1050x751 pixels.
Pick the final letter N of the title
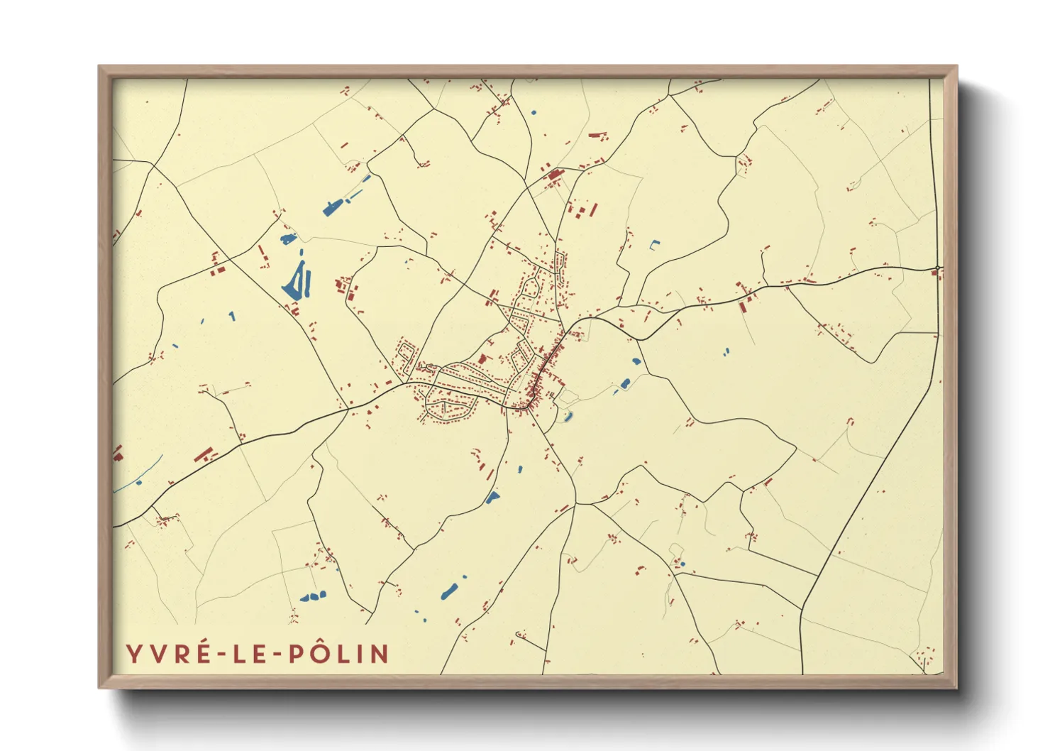click(x=380, y=654)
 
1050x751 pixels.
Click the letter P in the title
click(x=296, y=654)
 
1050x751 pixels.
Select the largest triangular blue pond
click(x=295, y=283)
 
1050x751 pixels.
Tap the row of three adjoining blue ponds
click(x=313, y=596)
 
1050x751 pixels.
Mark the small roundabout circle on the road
click(x=938, y=268)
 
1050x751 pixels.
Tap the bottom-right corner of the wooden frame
click(x=956, y=687)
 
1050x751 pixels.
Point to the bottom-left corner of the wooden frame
click(x=100, y=687)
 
